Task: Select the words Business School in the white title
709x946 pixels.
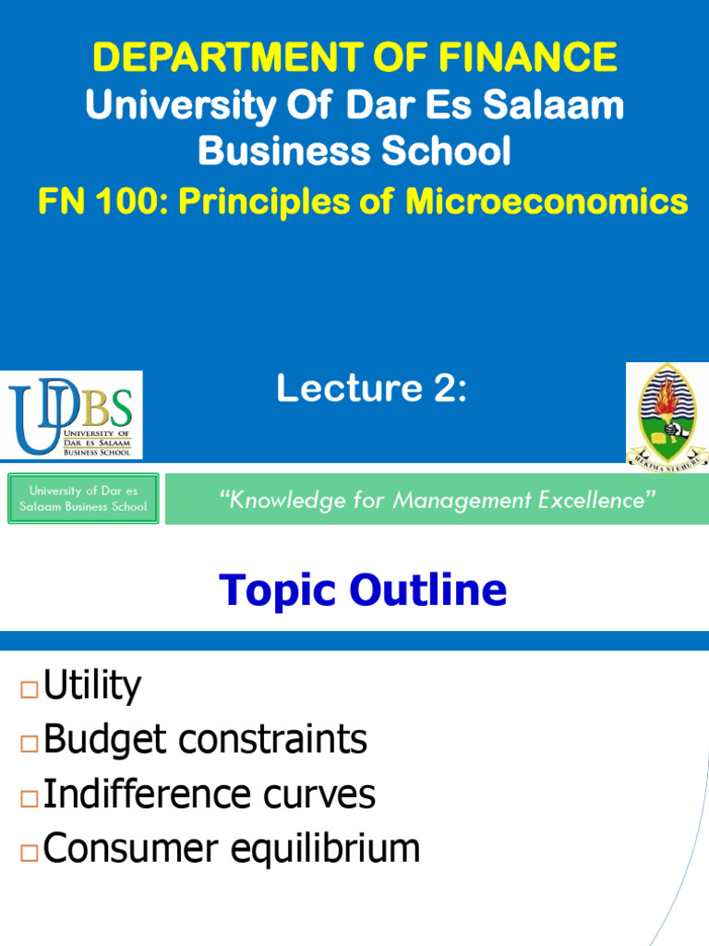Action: [354, 150]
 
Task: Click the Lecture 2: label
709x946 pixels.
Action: [371, 390]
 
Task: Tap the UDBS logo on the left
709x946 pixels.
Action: [71, 414]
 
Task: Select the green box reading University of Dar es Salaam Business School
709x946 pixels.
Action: [83, 499]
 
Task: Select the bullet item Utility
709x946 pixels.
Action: [92, 686]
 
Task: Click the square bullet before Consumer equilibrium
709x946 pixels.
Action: [28, 852]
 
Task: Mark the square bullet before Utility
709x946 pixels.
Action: [28, 689]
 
